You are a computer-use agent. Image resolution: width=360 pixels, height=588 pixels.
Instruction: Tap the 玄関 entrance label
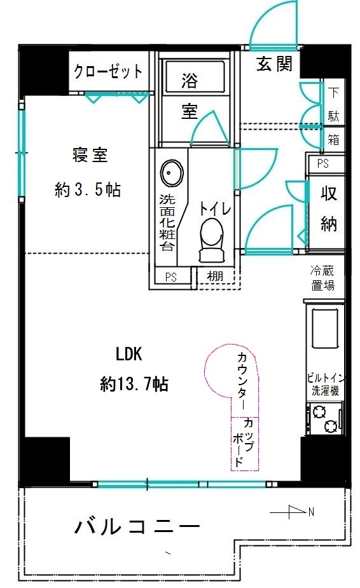coord(274,64)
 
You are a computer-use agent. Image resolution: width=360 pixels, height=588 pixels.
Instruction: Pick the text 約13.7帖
coord(134,384)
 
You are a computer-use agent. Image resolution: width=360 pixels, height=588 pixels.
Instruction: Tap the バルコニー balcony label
coord(137,526)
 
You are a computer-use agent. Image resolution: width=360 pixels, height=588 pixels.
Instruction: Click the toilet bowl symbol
coord(211,240)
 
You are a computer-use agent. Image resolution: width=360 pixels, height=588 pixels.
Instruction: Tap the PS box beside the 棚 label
coord(170,277)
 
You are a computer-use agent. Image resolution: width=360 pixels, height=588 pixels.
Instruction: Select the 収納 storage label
coord(328,209)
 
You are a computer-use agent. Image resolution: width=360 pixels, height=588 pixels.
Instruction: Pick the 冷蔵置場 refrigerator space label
coord(323,278)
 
